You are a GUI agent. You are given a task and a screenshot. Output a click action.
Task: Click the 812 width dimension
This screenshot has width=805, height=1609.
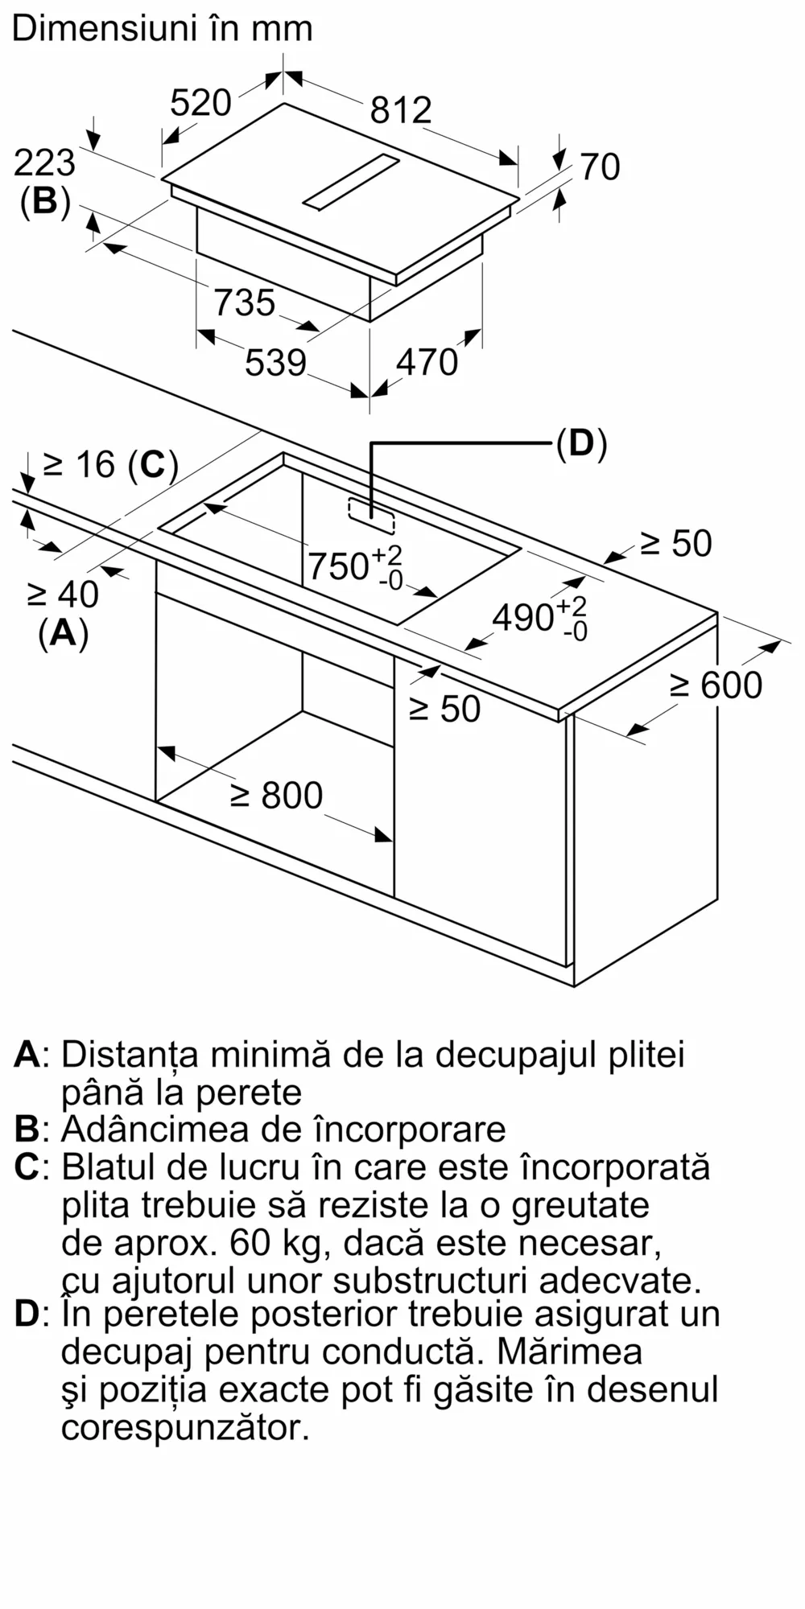coord(401,109)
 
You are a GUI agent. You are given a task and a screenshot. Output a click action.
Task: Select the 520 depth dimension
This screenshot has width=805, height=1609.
coord(200,103)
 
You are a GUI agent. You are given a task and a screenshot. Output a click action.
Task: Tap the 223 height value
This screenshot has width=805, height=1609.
coord(44,163)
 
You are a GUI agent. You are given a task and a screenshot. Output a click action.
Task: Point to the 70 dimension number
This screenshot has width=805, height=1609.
coord(600,167)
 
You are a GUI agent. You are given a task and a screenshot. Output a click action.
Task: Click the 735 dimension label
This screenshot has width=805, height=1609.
coord(244,303)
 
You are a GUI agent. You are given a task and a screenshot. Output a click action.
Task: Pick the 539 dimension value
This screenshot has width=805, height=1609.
coord(275,363)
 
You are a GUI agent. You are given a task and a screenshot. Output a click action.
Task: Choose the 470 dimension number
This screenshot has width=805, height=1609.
coord(427,363)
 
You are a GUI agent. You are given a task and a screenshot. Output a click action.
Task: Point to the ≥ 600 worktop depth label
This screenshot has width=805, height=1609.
coord(716,685)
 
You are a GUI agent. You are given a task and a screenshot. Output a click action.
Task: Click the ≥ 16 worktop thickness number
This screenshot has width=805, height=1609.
coord(79,464)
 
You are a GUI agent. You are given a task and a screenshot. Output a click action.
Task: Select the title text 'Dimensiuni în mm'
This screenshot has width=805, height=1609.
coord(162,29)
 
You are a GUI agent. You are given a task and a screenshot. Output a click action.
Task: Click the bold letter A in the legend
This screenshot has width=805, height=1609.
coord(27,1053)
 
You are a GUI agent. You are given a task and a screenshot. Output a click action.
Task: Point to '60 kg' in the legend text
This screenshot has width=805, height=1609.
coord(276,1242)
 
